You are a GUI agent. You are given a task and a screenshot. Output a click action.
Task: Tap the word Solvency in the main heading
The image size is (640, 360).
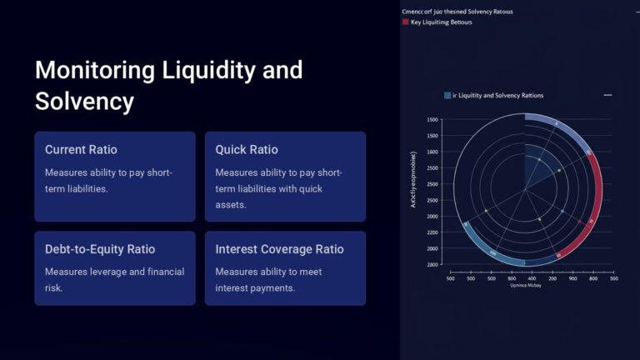click(84, 102)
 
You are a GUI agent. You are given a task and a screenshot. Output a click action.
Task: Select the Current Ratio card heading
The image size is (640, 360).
click(81, 150)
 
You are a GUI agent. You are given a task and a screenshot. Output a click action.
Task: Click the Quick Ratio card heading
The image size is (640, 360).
click(247, 150)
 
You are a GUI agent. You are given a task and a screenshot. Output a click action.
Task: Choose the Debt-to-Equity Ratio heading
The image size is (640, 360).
click(100, 249)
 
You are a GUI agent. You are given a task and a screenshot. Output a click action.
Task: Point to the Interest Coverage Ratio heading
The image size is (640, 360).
click(279, 249)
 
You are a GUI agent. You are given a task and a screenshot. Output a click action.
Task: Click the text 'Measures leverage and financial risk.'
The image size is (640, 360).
click(114, 279)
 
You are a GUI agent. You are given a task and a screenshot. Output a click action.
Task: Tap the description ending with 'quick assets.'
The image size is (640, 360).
click(278, 187)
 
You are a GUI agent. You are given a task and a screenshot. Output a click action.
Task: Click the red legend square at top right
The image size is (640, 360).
click(405, 23)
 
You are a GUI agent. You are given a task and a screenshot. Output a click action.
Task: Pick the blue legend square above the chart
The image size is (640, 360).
click(447, 96)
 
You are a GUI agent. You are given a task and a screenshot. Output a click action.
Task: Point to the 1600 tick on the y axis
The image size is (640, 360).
click(432, 152)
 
